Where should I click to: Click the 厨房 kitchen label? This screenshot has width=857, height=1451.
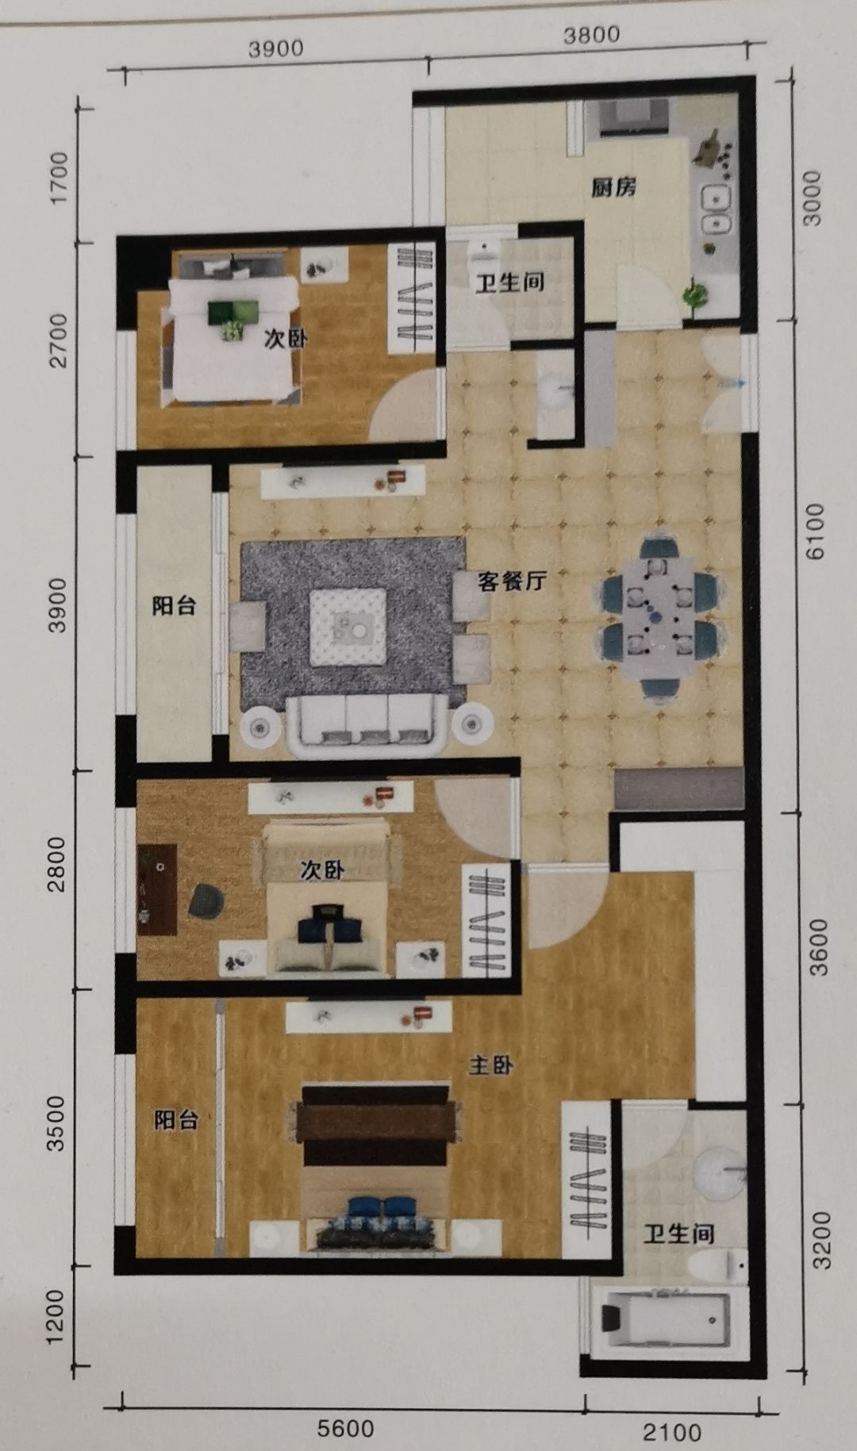(x=613, y=188)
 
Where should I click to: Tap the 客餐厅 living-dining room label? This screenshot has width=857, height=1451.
(x=512, y=582)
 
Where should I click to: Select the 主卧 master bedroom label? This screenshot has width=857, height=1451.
(x=490, y=1065)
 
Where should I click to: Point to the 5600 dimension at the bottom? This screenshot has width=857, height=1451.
(x=345, y=1429)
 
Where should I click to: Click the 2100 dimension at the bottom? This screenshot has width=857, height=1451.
(x=671, y=1431)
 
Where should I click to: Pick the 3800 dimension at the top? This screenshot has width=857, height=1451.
(x=591, y=35)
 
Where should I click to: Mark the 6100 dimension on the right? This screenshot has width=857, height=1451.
(x=815, y=532)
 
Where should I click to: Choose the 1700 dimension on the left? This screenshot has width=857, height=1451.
(x=58, y=178)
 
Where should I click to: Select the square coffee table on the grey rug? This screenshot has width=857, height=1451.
(x=348, y=627)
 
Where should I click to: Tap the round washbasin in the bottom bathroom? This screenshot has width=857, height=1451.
(x=720, y=1170)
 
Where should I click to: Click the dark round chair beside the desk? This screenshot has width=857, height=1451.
(x=206, y=900)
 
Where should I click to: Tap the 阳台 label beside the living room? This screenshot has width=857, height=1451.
(x=174, y=606)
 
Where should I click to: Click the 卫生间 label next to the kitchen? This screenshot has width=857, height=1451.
(x=509, y=282)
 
